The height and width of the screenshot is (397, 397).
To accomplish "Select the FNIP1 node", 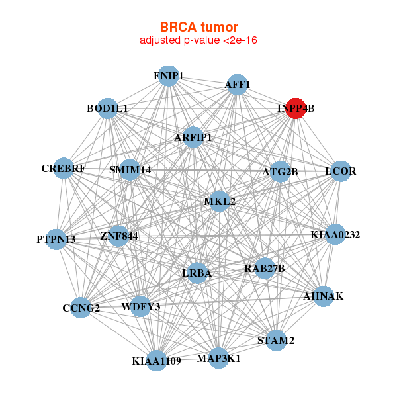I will coord(169,76).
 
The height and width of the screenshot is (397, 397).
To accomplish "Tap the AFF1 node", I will coord(237,85).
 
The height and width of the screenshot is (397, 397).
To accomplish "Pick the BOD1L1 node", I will coord(108,108).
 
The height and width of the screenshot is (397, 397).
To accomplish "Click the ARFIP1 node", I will coord(193,138).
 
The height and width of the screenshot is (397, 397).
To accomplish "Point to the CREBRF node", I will coord(64,169).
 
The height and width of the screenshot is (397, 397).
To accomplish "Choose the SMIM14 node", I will coord(130,170).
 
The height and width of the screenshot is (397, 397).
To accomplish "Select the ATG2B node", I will coord(281,172).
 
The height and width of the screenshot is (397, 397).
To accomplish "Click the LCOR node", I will coord(340,171).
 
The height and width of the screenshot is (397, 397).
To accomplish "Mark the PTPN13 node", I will coord(56,239).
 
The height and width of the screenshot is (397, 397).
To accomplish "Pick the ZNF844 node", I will coord(119,236).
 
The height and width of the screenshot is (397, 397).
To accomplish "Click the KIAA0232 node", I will coord(335,234).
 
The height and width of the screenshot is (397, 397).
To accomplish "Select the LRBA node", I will coord(197,273).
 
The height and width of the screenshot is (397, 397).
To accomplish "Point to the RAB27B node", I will coord(264,268).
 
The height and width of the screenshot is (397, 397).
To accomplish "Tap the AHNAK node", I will coord(323,296).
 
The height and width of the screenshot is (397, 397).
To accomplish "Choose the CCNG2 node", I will coord(81,308).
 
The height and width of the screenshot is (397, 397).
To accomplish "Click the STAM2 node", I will coord(276,341).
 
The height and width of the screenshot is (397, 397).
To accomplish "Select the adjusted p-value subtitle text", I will coord(198,40).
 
